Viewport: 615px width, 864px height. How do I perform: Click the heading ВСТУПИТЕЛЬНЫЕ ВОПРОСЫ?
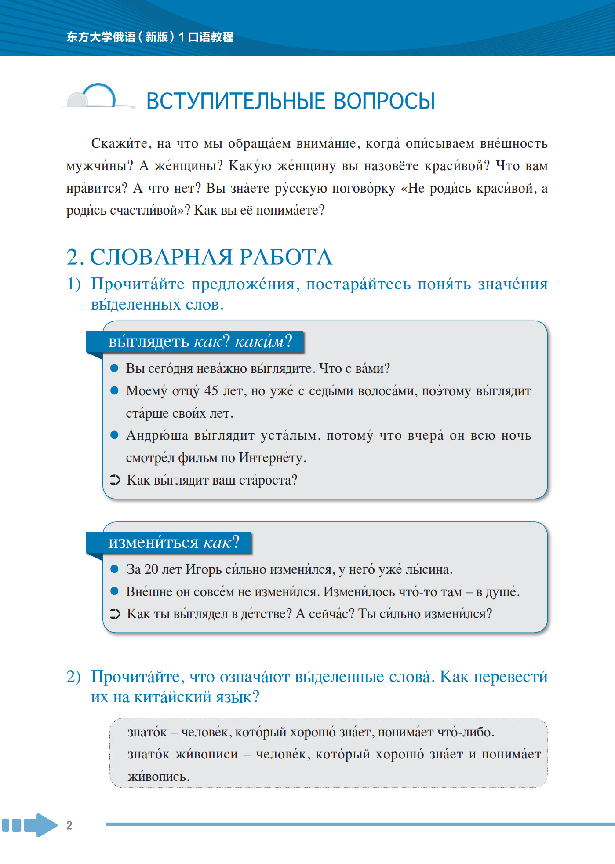(x=290, y=101)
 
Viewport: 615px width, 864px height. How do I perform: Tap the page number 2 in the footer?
(x=69, y=825)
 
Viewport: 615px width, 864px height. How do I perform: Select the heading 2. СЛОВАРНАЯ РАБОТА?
(x=199, y=257)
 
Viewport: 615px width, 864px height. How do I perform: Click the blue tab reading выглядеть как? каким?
(x=200, y=342)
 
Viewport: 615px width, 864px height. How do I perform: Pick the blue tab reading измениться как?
(x=174, y=543)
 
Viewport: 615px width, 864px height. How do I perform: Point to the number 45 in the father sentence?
(x=211, y=390)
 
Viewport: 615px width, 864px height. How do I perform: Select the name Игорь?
(x=203, y=569)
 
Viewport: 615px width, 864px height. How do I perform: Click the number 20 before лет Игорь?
(x=151, y=569)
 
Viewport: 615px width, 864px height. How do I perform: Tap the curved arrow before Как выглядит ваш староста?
(x=115, y=480)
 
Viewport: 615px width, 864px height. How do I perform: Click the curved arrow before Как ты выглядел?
(x=115, y=614)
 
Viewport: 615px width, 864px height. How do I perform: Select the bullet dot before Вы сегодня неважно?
(x=114, y=368)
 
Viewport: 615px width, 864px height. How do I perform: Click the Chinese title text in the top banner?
(x=150, y=37)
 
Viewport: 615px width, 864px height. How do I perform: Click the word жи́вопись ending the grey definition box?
(x=158, y=777)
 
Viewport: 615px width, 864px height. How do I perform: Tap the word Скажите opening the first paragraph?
(x=118, y=143)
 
